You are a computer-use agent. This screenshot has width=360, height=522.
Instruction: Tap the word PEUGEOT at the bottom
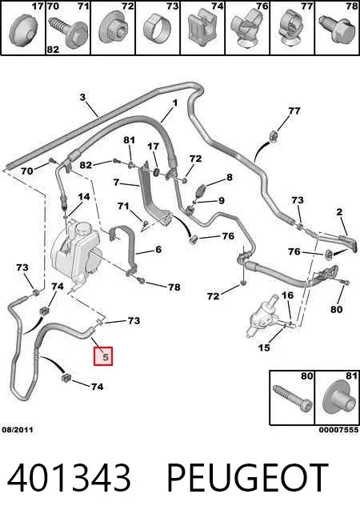pos(247,478)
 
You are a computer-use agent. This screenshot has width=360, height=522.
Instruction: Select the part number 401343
pos(69,478)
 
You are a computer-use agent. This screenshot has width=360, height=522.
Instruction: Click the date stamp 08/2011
pos(18,430)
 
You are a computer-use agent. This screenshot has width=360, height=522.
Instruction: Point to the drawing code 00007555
pos(338,430)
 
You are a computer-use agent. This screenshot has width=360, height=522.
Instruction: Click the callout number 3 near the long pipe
pos(82,97)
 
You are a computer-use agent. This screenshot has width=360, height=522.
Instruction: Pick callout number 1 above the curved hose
pos(175,103)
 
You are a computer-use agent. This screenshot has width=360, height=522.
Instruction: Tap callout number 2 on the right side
pos(339,211)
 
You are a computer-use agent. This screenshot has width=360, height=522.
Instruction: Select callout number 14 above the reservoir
pos(84,197)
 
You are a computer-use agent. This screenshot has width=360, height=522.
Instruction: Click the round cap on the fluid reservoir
pos(82,229)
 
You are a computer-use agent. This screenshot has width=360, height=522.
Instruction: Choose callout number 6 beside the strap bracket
pos(158,249)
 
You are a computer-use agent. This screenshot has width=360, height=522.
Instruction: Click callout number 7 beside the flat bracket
pos(116,183)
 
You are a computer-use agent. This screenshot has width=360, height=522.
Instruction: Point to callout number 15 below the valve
pos(264,348)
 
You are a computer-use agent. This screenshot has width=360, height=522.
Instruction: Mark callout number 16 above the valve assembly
pos(288,295)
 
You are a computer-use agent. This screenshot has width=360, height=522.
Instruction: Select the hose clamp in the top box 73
pos(158,28)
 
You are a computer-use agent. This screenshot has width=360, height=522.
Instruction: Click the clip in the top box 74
pos(202,27)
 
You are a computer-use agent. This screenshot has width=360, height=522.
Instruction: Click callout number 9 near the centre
pos(222,200)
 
